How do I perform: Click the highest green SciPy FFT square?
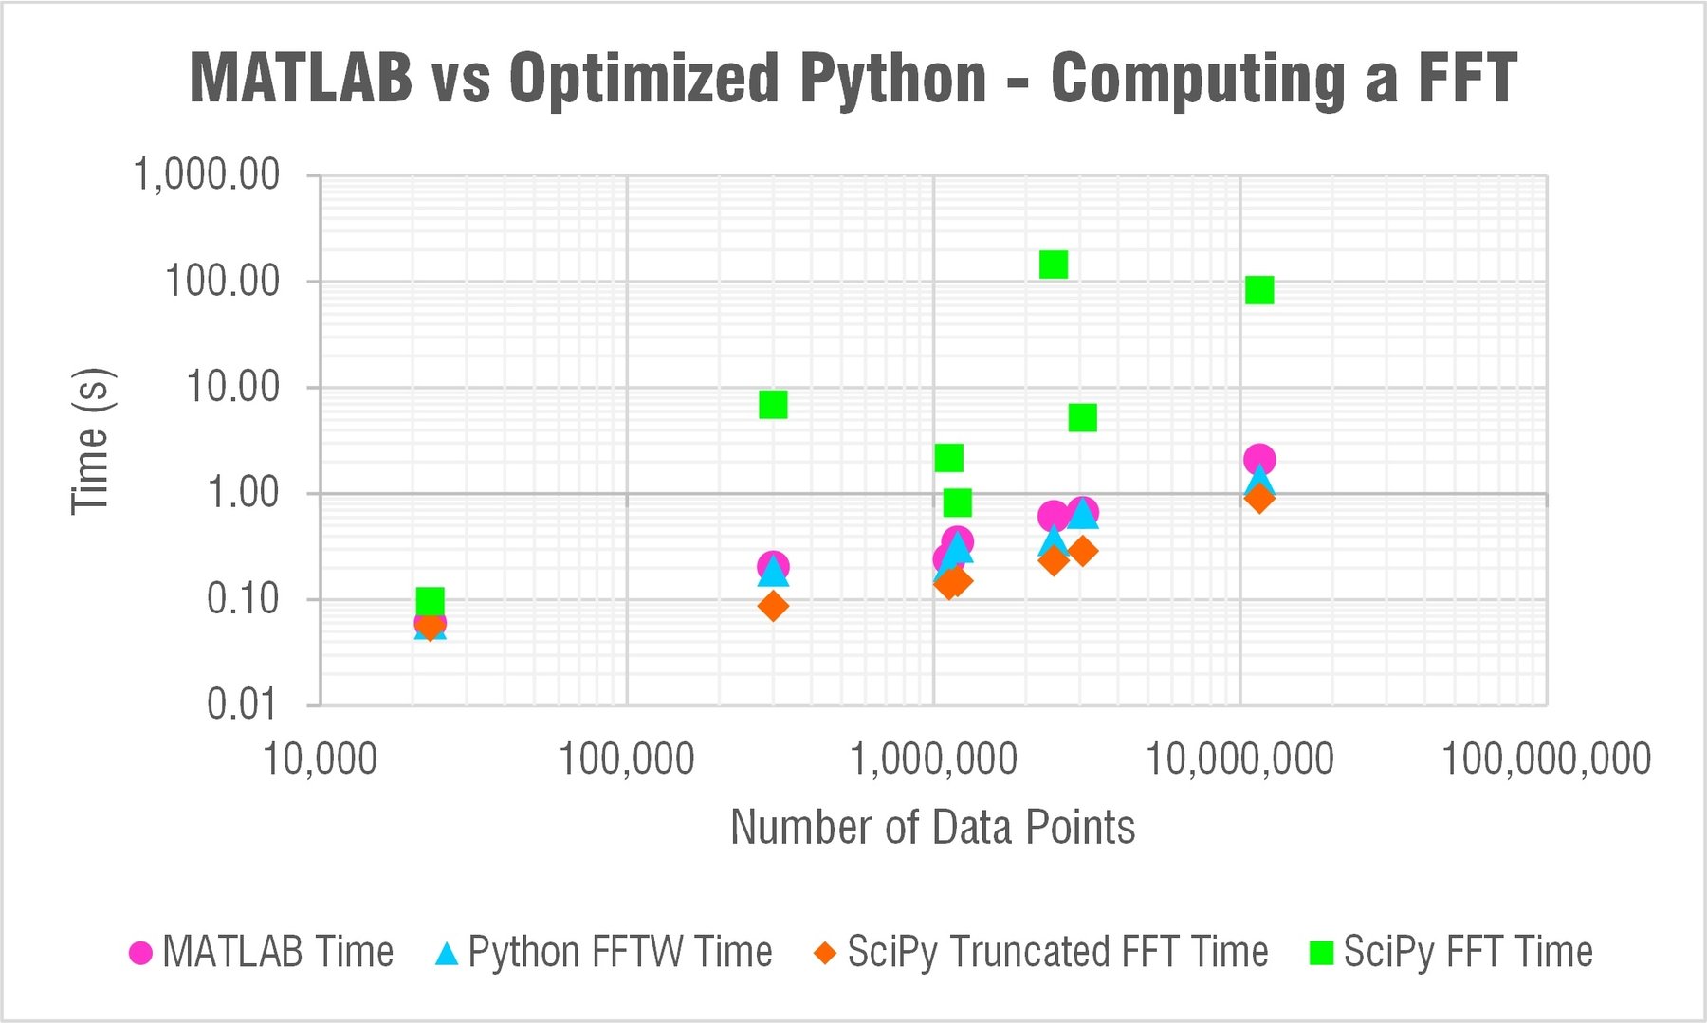tap(1053, 265)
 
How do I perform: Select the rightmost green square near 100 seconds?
tap(1258, 290)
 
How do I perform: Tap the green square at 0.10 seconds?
tap(430, 601)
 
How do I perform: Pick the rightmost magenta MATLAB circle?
tap(1258, 460)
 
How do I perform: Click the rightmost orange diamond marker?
tap(1258, 498)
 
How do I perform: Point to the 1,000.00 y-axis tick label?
tap(207, 175)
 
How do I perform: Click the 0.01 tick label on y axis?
tap(243, 704)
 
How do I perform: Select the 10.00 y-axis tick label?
tap(232, 387)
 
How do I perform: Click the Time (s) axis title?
tap(92, 441)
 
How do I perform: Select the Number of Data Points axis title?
tap(932, 828)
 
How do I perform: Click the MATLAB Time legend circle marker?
tap(140, 953)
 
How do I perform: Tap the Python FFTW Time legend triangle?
tap(447, 953)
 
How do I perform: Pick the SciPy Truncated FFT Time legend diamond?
tap(825, 953)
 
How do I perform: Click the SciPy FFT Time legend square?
tap(1320, 953)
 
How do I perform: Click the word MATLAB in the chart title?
tap(301, 78)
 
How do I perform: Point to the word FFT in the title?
tap(1466, 78)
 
